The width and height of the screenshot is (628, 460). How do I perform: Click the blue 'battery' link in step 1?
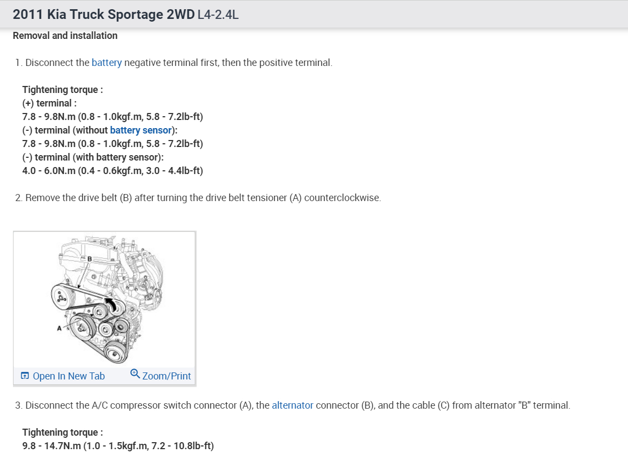pyautogui.click(x=107, y=63)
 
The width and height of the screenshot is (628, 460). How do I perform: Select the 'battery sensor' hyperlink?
pyautogui.click(x=141, y=130)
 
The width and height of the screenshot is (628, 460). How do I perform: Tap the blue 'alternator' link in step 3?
pyautogui.click(x=292, y=405)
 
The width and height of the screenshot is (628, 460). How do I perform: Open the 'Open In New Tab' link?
pyautogui.click(x=69, y=376)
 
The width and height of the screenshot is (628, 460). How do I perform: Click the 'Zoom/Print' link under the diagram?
pyautogui.click(x=167, y=376)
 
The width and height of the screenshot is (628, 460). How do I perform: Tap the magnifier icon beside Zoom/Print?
pyautogui.click(x=135, y=374)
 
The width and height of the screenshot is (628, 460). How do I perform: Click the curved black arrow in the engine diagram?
pyautogui.click(x=111, y=305)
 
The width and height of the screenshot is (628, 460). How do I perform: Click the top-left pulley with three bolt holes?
pyautogui.click(x=62, y=295)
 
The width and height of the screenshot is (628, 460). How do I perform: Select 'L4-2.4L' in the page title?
pyautogui.click(x=218, y=15)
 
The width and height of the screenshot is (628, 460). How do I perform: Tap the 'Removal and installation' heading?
pyautogui.click(x=65, y=36)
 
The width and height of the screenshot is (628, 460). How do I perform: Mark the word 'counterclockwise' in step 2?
pyautogui.click(x=342, y=198)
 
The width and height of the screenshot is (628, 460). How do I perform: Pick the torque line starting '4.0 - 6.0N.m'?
pyautogui.click(x=113, y=171)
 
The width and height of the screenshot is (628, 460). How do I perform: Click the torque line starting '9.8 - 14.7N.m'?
pyautogui.click(x=118, y=446)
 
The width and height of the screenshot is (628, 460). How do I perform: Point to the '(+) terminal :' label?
pyautogui.click(x=49, y=103)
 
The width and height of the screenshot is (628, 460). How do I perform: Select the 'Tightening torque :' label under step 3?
pyautogui.click(x=62, y=432)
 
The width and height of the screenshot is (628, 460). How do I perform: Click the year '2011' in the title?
pyautogui.click(x=28, y=15)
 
